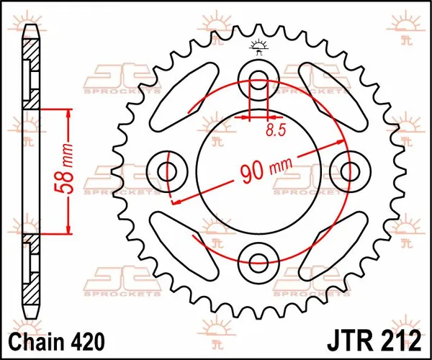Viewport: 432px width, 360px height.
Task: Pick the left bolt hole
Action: [168, 171]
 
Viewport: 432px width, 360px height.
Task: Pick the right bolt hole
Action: [350, 171]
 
